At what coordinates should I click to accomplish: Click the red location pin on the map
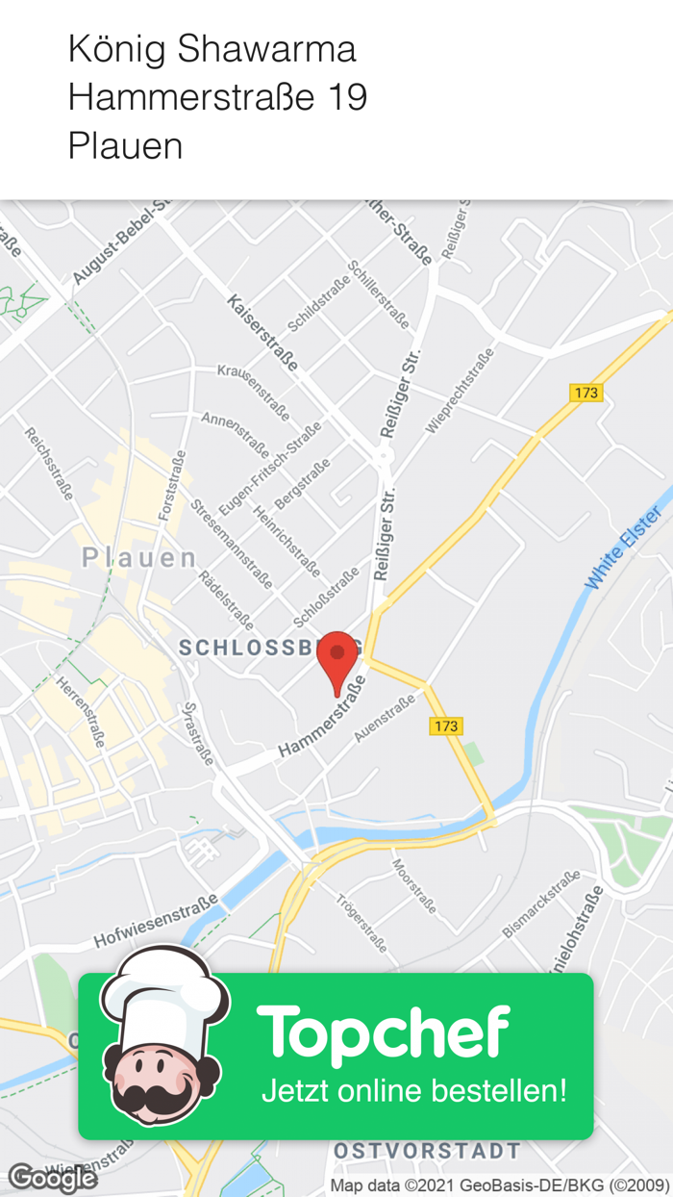tap(336, 656)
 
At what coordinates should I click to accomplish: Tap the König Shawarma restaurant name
tap(212, 48)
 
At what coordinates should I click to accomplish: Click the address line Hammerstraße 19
tap(217, 97)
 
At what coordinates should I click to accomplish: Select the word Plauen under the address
tap(125, 146)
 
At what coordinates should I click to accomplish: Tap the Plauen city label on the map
tap(139, 557)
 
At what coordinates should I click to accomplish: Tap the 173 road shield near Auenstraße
tap(446, 726)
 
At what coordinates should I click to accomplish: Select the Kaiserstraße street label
tap(262, 333)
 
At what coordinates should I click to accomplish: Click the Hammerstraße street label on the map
tap(322, 717)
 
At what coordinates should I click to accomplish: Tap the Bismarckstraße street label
tap(541, 904)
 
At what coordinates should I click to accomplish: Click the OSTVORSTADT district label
tap(427, 1151)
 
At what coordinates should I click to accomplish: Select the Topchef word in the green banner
tap(383, 1033)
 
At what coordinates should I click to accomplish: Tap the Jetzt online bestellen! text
tap(413, 1091)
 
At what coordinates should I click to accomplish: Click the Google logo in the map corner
tap(52, 1178)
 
